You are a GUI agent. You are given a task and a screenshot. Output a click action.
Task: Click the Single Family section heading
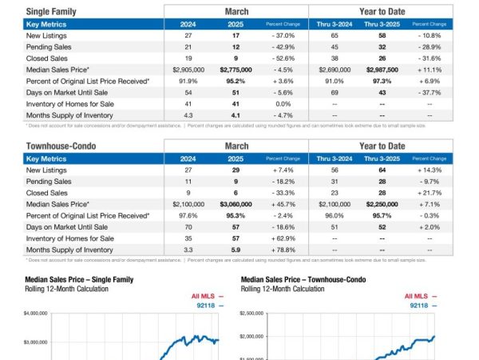coord(51,12)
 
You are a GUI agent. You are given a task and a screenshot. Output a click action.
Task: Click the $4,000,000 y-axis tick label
coord(37,314)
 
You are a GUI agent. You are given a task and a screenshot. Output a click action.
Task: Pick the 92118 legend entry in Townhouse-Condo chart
coord(418,306)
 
